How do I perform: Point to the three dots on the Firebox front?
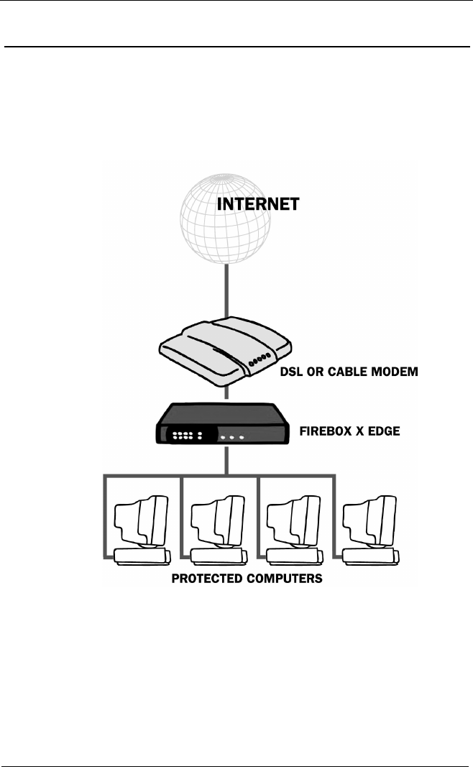pyautogui.click(x=232, y=437)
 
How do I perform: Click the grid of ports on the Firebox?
pyautogui.click(x=185, y=436)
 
